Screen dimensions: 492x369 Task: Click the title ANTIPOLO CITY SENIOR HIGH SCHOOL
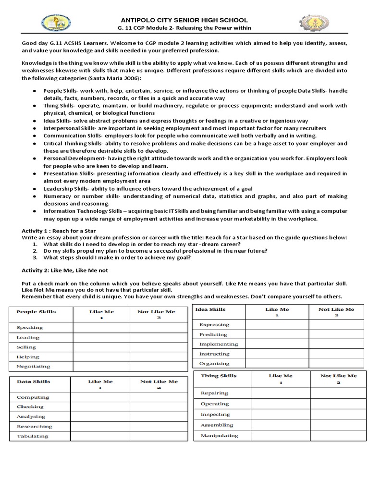184,20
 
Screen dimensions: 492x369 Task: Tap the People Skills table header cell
37,312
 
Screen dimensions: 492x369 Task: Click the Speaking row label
30,328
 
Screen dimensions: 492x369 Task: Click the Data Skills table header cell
34,381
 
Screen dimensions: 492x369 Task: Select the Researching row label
35,427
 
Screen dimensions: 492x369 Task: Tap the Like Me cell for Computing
100,397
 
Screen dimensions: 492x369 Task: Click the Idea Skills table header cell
210,309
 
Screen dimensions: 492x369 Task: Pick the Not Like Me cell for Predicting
336,334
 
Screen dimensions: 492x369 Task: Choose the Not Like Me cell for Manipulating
338,436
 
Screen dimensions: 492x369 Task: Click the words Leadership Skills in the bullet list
65,189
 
